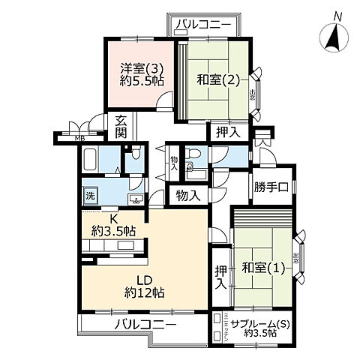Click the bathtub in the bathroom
coord(91,160)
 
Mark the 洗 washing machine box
coord(89,196)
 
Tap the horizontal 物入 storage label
coord(188,196)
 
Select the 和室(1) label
coord(262,268)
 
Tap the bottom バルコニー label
coord(145,325)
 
